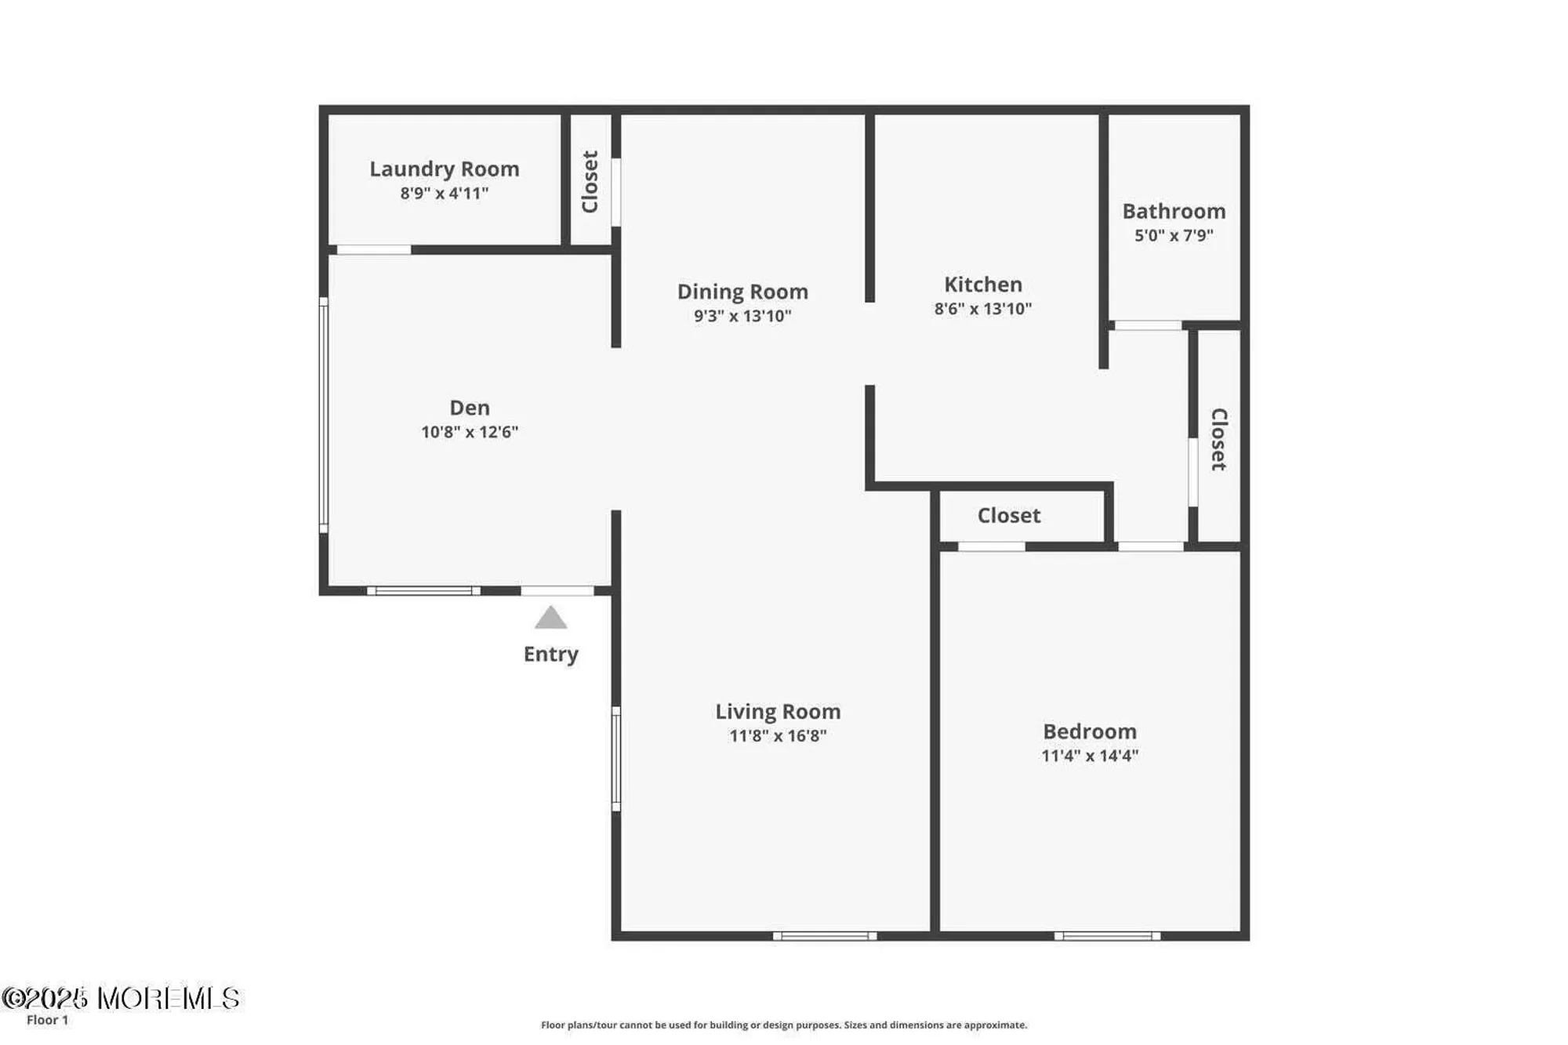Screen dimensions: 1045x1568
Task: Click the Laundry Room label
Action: click(444, 169)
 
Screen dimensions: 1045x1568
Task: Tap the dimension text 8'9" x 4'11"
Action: click(444, 194)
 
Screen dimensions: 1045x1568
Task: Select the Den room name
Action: click(469, 408)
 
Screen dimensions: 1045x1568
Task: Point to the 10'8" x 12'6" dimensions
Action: click(469, 432)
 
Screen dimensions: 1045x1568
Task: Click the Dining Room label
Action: click(742, 292)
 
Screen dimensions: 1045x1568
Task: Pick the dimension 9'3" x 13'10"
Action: click(742, 316)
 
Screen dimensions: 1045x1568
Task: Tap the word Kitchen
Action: click(982, 285)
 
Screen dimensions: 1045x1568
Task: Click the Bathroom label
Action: click(1173, 212)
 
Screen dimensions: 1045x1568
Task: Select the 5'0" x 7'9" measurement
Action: click(1173, 236)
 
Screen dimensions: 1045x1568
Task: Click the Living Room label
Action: click(777, 712)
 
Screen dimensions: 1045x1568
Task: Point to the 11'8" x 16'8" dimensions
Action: click(777, 736)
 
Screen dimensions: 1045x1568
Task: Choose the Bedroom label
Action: click(1089, 731)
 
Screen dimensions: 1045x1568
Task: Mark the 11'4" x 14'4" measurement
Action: click(1089, 756)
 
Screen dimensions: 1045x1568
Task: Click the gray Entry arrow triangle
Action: click(550, 619)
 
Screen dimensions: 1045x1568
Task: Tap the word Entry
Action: click(550, 655)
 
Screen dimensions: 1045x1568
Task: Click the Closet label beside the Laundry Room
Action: click(590, 182)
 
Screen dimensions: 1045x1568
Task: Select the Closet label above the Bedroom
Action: click(1008, 516)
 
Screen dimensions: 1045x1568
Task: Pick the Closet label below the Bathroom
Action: click(1218, 440)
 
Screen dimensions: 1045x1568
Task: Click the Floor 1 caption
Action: click(47, 1020)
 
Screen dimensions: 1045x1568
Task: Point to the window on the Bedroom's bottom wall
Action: click(1106, 936)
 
